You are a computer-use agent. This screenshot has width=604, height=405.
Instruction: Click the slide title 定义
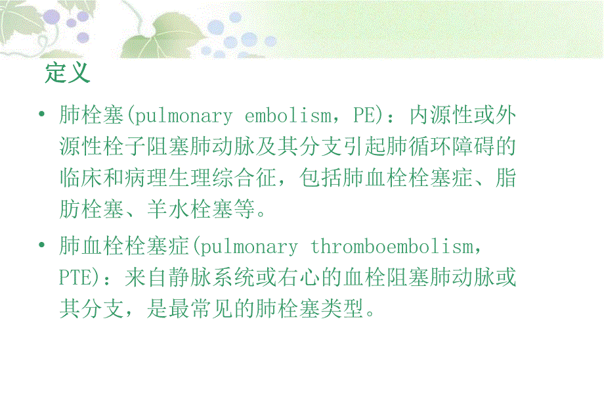pos(68,72)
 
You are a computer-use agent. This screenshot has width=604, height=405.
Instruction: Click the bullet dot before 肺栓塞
pos(42,116)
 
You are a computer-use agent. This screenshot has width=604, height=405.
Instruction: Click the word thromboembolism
pos(392,247)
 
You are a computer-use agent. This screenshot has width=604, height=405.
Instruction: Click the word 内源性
pos(441,116)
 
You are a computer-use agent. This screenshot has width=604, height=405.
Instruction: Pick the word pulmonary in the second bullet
pos(249,247)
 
